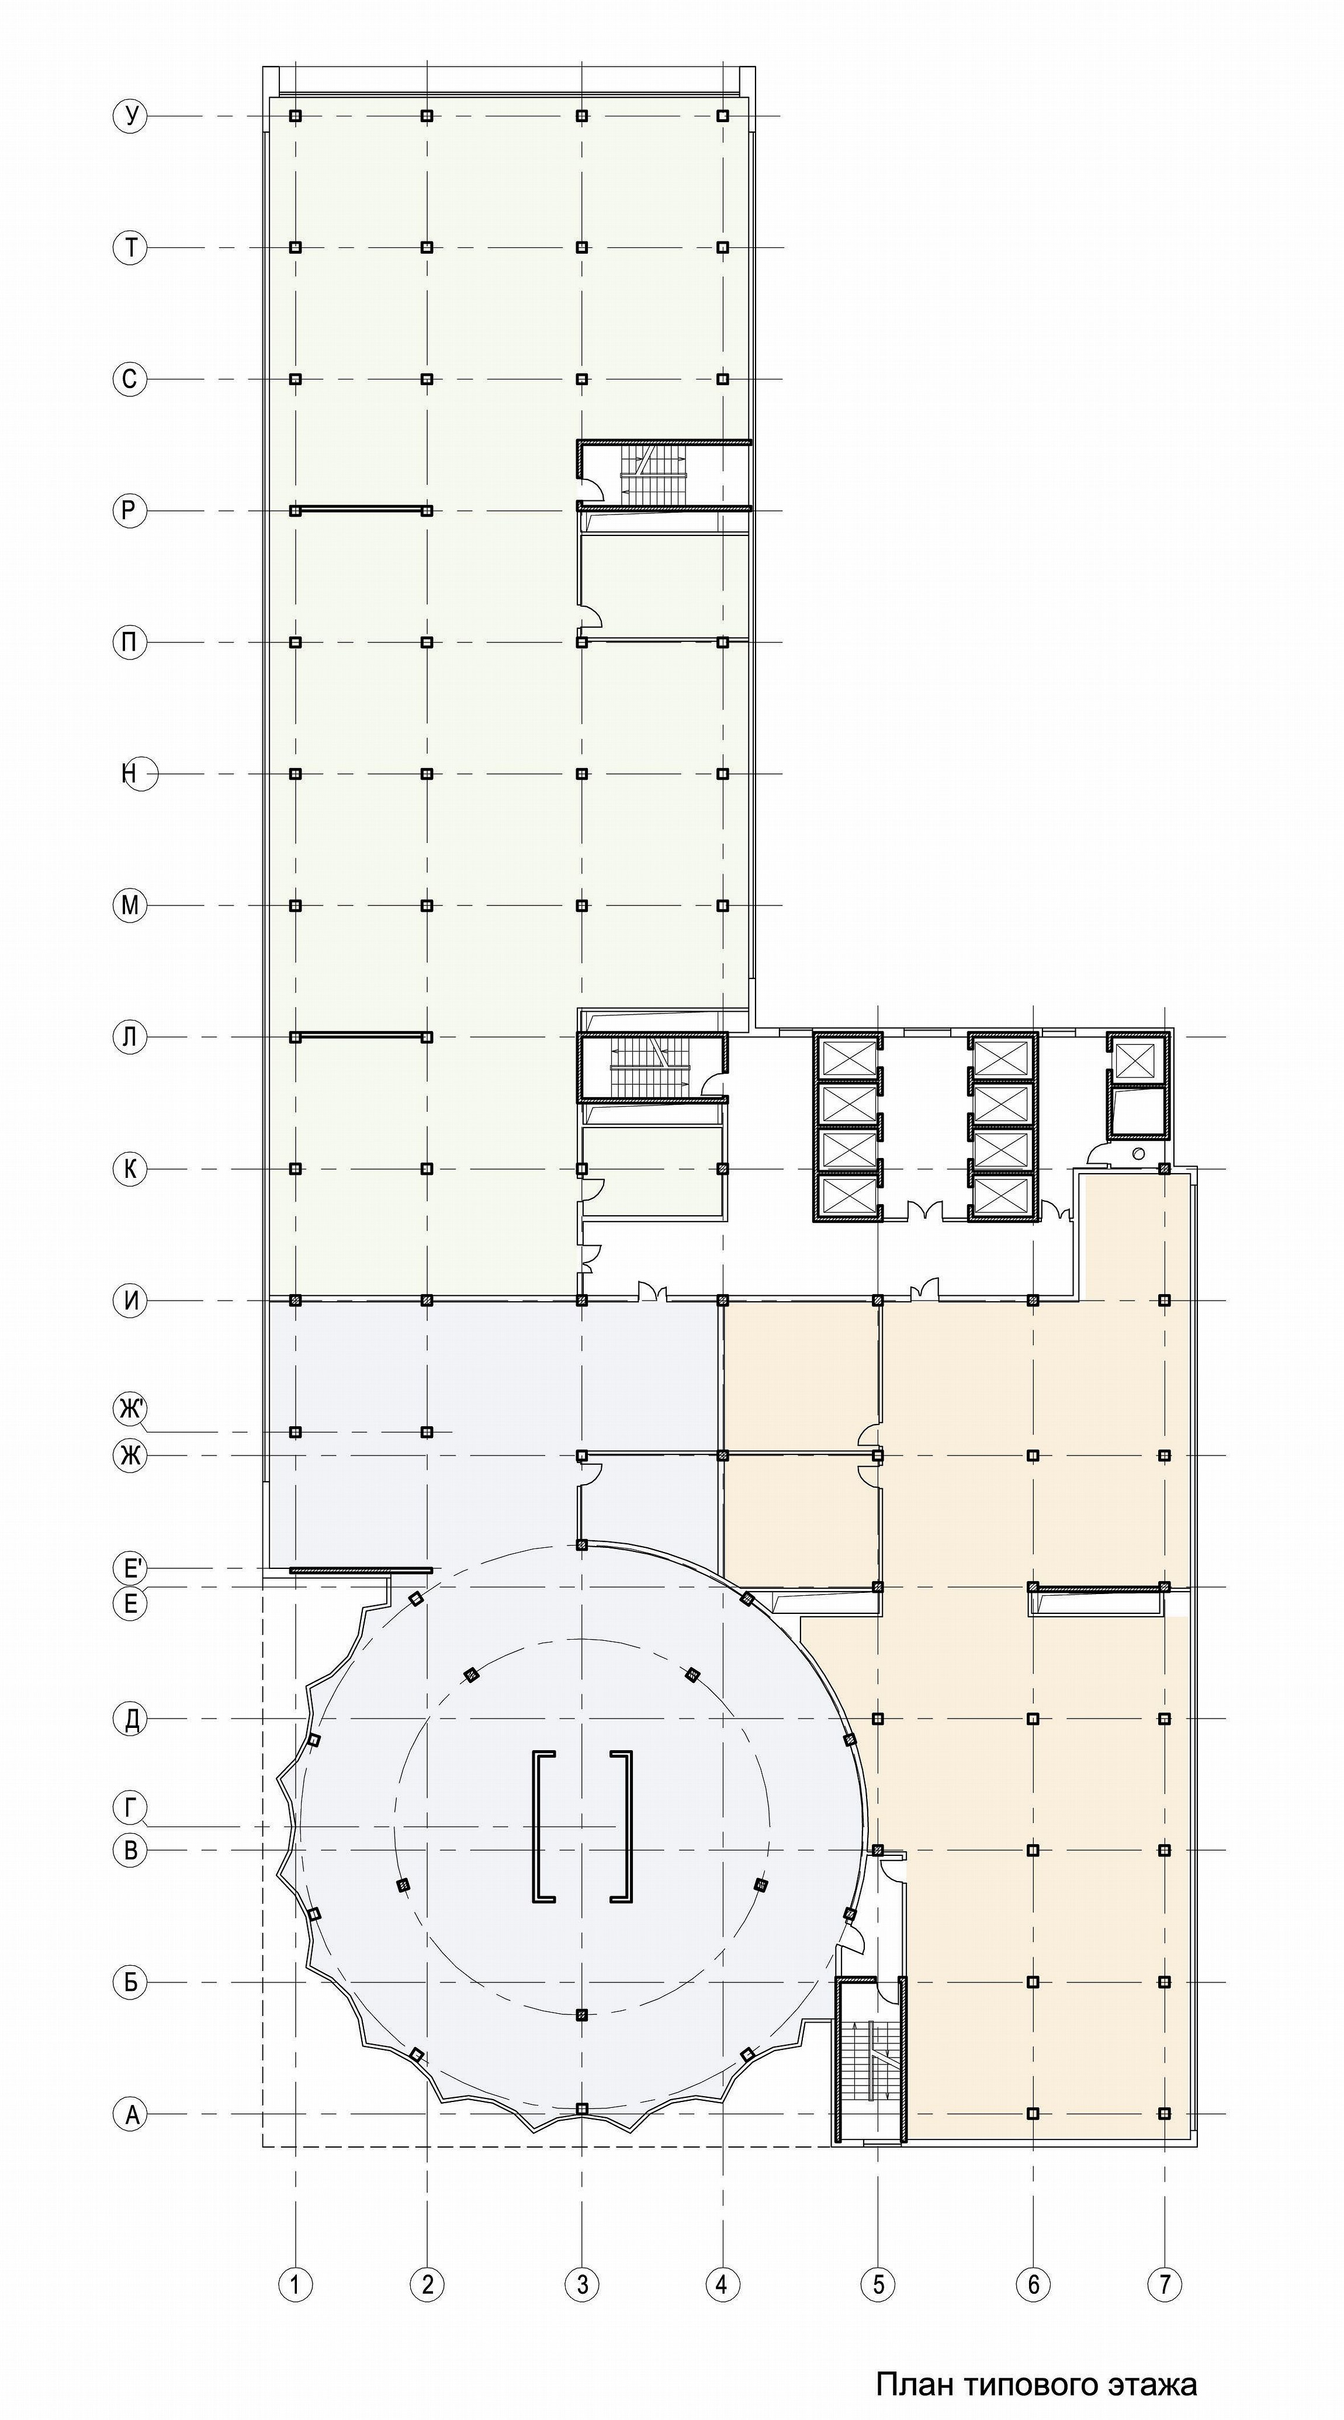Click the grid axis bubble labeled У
pyautogui.click(x=130, y=116)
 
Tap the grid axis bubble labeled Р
pyautogui.click(x=130, y=511)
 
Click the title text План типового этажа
pyautogui.click(x=1036, y=2378)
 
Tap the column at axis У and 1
pyautogui.click(x=296, y=116)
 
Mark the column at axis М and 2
pyautogui.click(x=427, y=905)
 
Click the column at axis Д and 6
pyautogui.click(x=1033, y=1719)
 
